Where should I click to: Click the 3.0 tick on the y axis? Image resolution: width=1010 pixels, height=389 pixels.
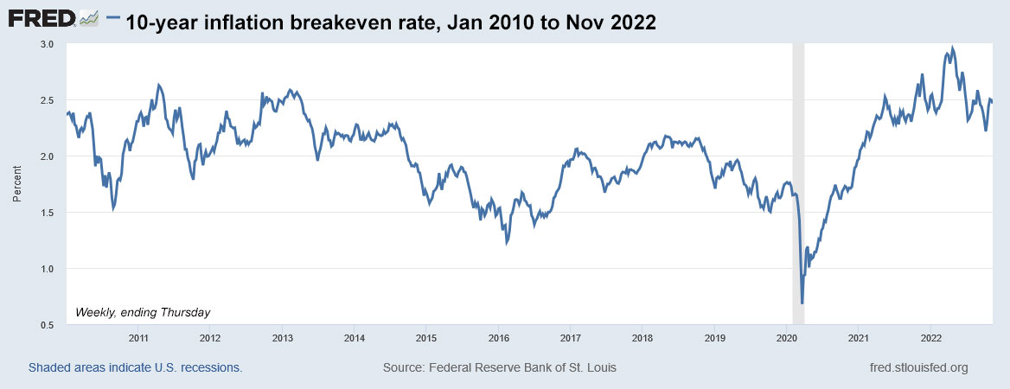48,44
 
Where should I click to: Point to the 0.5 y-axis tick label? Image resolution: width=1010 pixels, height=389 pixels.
48,325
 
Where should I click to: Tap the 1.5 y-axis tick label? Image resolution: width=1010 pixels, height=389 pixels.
48,213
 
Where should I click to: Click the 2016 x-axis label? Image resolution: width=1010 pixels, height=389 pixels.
497,337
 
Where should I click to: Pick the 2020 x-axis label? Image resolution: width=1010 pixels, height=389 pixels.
785,337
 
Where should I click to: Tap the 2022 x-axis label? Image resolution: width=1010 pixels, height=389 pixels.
930,337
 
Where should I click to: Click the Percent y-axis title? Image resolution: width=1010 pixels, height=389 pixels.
16,183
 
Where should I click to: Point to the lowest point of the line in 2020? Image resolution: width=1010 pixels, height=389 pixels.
802,303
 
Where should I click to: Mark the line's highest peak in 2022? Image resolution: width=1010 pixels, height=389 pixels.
952,48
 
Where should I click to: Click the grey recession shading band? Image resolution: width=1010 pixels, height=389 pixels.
798,173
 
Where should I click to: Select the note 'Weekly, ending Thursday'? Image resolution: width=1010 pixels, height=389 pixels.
144,311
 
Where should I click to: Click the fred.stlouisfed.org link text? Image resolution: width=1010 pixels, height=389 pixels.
918,368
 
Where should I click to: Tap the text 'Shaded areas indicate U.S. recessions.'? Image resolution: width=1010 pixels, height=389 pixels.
136,368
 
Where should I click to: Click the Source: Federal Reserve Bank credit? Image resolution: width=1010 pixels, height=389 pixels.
499,368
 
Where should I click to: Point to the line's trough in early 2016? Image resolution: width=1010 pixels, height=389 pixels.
506,245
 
